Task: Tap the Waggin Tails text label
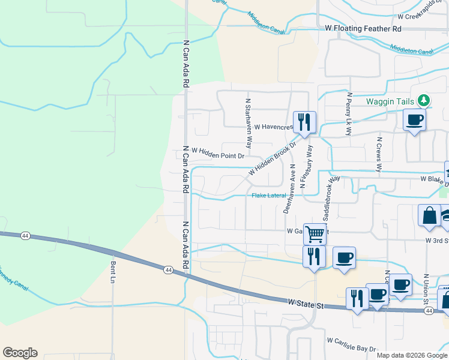click(x=391, y=101)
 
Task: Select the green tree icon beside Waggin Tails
click(x=424, y=100)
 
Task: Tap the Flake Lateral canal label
click(x=268, y=196)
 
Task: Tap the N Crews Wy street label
click(x=379, y=154)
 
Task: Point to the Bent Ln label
click(x=113, y=272)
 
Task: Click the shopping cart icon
click(x=315, y=234)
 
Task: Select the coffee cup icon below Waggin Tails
click(x=414, y=120)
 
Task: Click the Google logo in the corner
click(x=20, y=353)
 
